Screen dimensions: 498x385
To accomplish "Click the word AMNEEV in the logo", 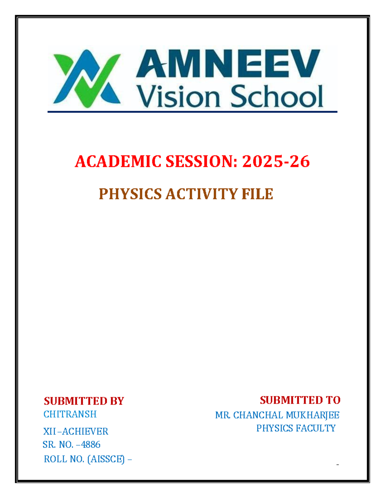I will click(228, 64).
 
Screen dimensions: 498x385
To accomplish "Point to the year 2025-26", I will click(276, 161).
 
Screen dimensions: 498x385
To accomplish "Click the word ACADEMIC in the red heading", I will click(118, 161).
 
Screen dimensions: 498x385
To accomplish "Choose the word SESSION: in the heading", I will click(201, 161).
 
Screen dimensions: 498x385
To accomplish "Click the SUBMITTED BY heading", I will click(84, 401).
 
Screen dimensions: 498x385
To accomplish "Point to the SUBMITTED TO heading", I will click(300, 400).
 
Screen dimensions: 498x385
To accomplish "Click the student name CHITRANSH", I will click(70, 414).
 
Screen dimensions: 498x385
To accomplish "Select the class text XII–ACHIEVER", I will click(76, 431).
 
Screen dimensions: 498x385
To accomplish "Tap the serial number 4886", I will click(91, 444).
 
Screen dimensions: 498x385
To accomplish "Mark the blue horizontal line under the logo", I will click(193, 112).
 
